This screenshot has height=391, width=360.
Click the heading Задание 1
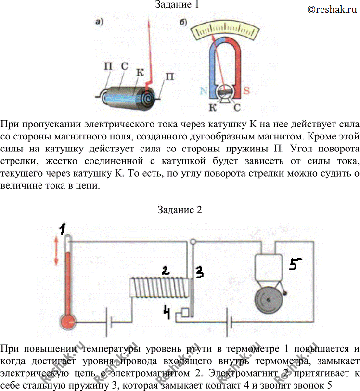177,5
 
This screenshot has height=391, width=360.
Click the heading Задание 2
180,210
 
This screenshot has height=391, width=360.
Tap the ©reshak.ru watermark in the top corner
332,9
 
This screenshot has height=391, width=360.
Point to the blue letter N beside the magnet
204,90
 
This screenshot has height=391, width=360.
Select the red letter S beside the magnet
246,90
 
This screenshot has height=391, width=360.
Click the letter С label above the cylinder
125,66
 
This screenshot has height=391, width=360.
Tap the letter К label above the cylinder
140,72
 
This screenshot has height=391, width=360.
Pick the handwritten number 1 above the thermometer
63,228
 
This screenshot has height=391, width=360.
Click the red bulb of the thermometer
68,322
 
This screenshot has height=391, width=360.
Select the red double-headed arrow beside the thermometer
56,251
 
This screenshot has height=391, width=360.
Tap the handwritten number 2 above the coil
166,270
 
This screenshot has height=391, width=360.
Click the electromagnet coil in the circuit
159,288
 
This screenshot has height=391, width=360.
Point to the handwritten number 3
200,272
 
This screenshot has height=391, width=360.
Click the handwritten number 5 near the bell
295,265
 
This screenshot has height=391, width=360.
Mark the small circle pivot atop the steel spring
193,241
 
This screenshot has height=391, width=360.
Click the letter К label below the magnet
213,107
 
